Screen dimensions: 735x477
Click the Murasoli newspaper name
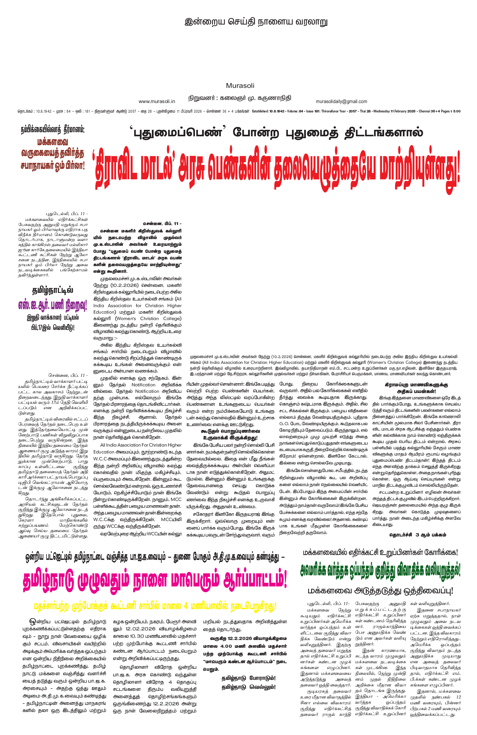(240, 85)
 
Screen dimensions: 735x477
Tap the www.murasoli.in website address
(157, 101)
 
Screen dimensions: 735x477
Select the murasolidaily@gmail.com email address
(341, 101)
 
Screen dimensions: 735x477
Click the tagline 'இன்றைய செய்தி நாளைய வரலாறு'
(256, 22)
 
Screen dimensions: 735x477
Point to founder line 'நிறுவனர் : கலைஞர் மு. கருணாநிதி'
(240, 98)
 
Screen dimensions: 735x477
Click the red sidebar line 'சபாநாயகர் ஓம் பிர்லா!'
(52, 166)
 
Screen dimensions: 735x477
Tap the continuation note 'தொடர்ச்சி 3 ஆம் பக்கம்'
(418, 534)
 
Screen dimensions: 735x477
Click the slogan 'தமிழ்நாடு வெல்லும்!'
(249, 687)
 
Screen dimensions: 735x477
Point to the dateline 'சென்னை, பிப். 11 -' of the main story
(162, 224)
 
